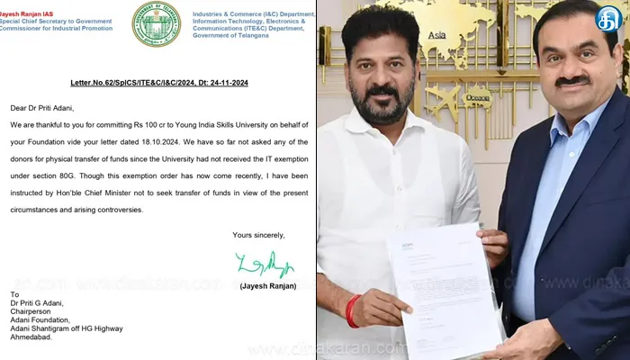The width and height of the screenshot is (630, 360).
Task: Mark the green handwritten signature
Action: click(265, 264)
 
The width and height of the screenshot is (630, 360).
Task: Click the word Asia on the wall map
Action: click(437, 36)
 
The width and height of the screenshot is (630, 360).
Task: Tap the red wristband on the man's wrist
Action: click(353, 311)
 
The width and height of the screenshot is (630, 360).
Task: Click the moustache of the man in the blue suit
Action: click(571, 82)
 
